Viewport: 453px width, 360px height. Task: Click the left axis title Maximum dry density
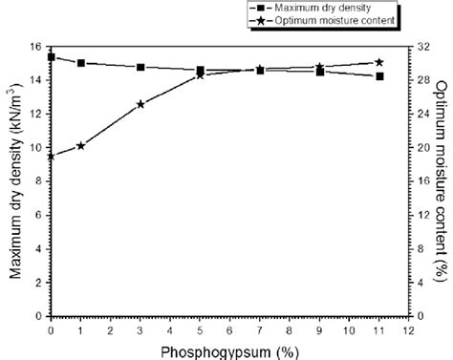(16, 181)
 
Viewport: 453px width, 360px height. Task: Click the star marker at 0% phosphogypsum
(51, 156)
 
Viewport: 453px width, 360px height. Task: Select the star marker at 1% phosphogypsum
(80, 145)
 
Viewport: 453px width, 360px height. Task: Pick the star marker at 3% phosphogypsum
(140, 104)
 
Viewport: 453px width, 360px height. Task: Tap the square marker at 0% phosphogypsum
(51, 57)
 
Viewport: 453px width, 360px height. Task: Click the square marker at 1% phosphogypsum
(80, 63)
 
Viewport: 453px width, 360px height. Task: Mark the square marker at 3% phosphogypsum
(140, 67)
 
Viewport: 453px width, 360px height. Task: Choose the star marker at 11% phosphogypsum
(379, 62)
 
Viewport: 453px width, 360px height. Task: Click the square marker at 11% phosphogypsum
(379, 76)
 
